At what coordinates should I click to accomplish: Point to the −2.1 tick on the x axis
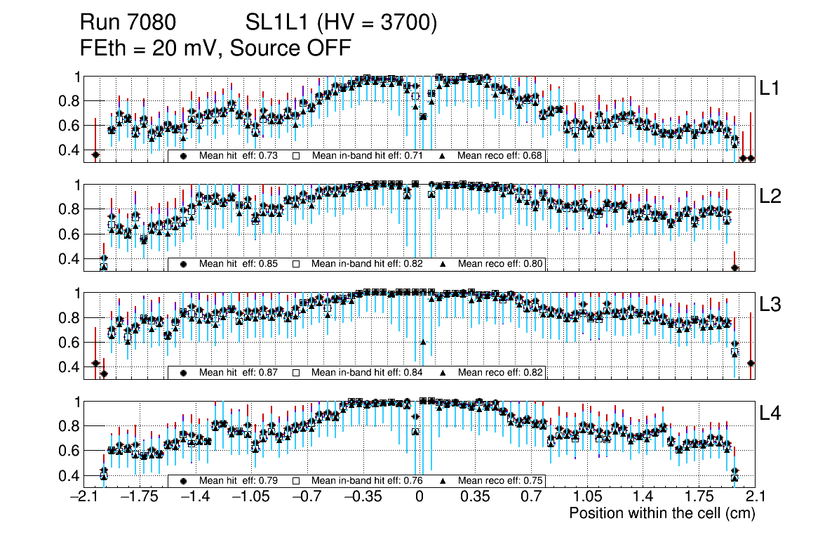pyautogui.click(x=87, y=497)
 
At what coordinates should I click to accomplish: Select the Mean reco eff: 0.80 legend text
pyautogui.click(x=500, y=264)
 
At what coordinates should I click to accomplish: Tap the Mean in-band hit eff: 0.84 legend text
pyautogui.click(x=366, y=372)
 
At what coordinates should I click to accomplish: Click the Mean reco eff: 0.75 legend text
pyautogui.click(x=500, y=481)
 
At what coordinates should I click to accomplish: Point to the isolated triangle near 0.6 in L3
pyautogui.click(x=423, y=342)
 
